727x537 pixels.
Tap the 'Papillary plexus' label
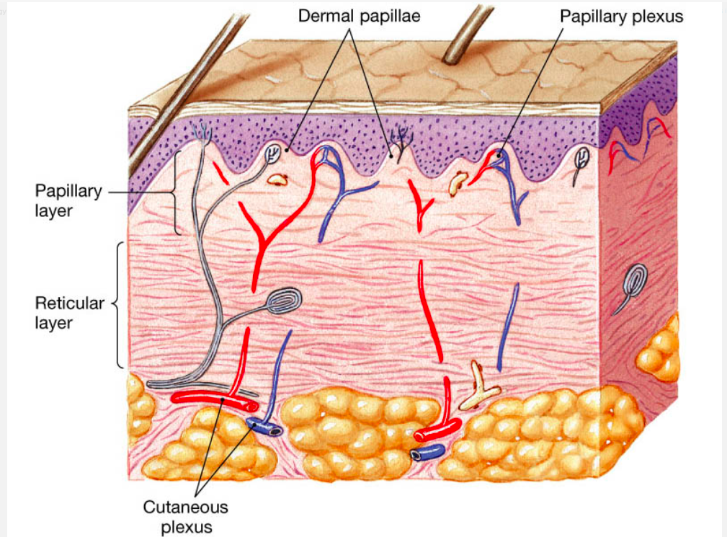[x=622, y=15]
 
